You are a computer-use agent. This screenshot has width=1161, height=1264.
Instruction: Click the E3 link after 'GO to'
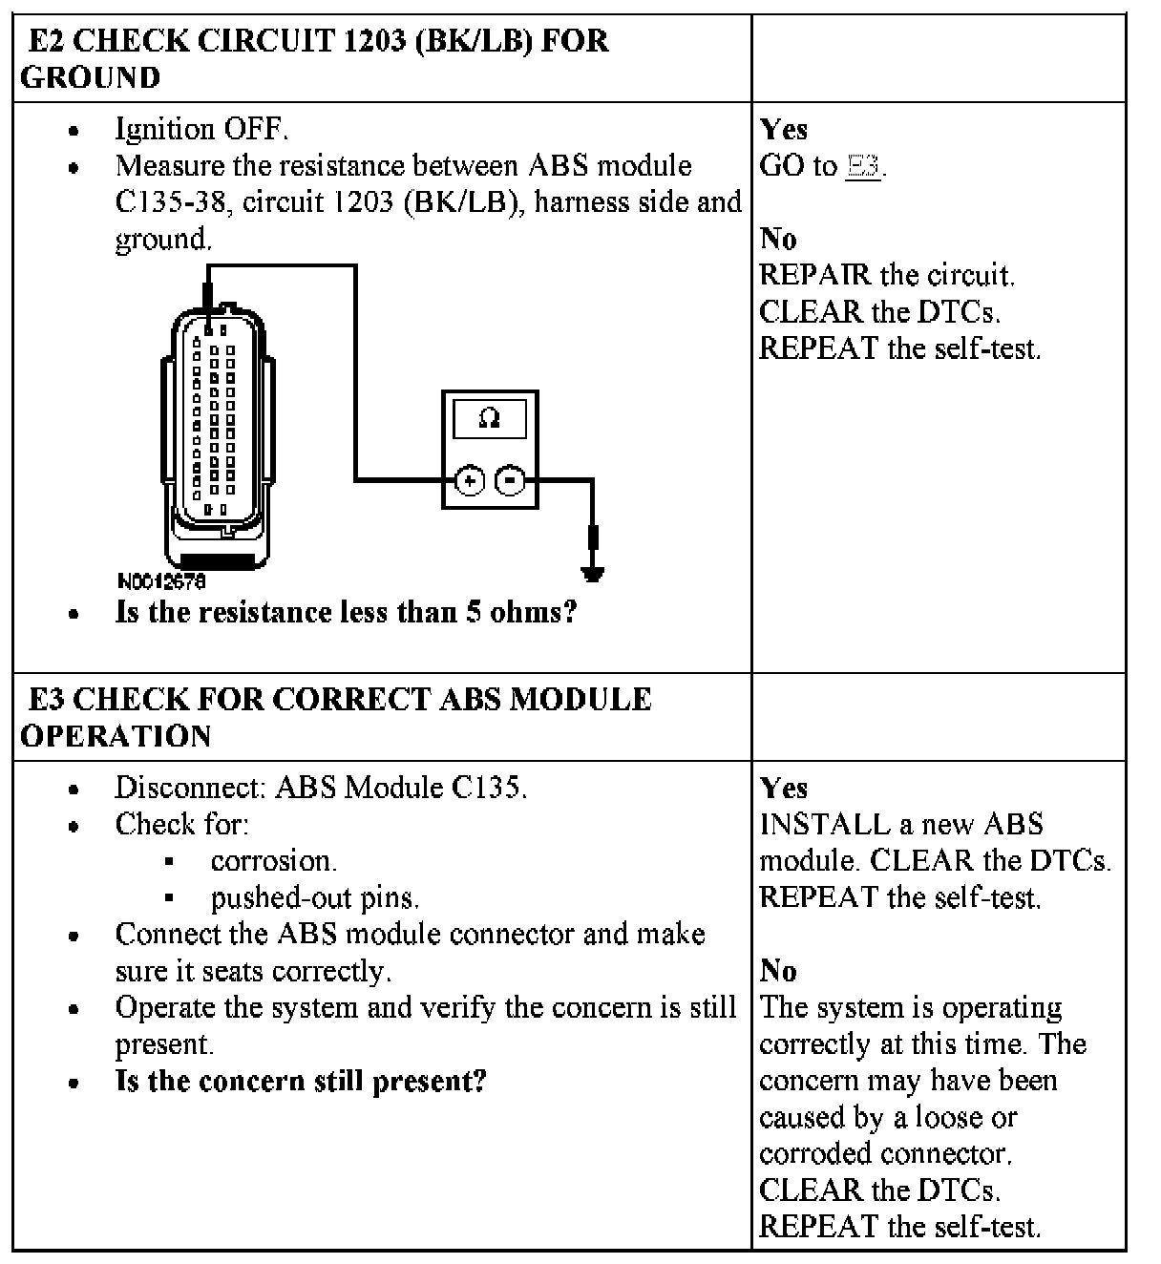tap(863, 166)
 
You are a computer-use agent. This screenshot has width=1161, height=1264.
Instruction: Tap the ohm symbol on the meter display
tap(489, 418)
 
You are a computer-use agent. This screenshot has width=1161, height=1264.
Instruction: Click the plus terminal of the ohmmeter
tap(470, 480)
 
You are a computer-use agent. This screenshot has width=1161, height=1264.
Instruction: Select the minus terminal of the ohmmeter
tap(512, 480)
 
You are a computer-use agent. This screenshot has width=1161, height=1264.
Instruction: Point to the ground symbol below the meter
tap(592, 573)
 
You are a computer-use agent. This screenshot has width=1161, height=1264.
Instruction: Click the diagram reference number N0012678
tap(160, 580)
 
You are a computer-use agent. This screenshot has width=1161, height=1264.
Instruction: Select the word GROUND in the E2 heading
tap(91, 77)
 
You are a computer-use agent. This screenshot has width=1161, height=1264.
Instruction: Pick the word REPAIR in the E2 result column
tap(815, 275)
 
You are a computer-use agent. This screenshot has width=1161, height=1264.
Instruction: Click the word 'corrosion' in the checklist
tap(273, 861)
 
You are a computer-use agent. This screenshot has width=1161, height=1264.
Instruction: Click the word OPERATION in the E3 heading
tap(116, 736)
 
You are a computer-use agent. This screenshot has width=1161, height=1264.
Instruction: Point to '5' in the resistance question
tap(474, 612)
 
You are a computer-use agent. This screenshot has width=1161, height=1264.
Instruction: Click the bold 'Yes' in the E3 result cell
tap(784, 788)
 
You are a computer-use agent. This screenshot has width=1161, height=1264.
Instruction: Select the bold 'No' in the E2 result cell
tap(778, 239)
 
